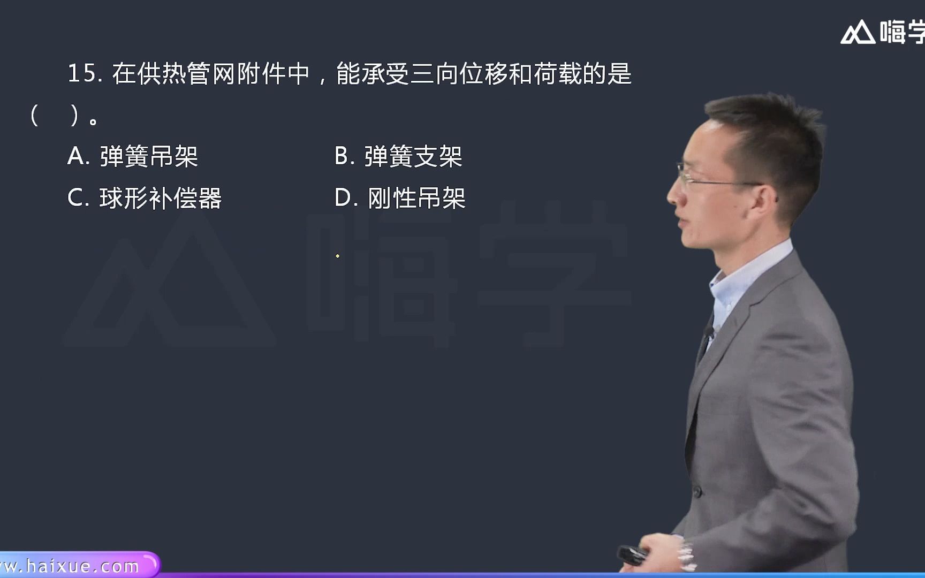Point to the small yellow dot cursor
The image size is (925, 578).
click(x=337, y=256)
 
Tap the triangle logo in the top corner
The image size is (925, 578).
click(x=858, y=33)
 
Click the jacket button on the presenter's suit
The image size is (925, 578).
click(x=696, y=490)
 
